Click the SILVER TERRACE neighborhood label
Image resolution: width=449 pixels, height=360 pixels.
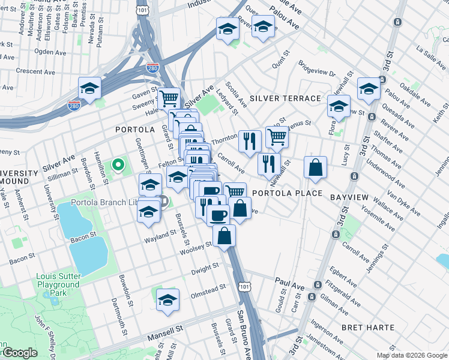pyautogui.click(x=285, y=98)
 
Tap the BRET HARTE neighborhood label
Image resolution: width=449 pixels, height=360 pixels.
pyautogui.click(x=367, y=328)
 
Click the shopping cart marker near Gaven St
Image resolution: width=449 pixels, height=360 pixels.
pyautogui.click(x=169, y=98)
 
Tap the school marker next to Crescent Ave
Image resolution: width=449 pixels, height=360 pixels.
pyautogui.click(x=89, y=88)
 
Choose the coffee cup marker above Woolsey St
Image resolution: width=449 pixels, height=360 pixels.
pyautogui.click(x=218, y=214)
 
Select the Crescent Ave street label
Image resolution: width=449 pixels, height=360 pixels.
pyautogui.click(x=35, y=71)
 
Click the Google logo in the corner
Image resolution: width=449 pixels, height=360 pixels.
pyautogui.click(x=19, y=353)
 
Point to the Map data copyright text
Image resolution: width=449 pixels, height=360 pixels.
pyautogui.click(x=411, y=355)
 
